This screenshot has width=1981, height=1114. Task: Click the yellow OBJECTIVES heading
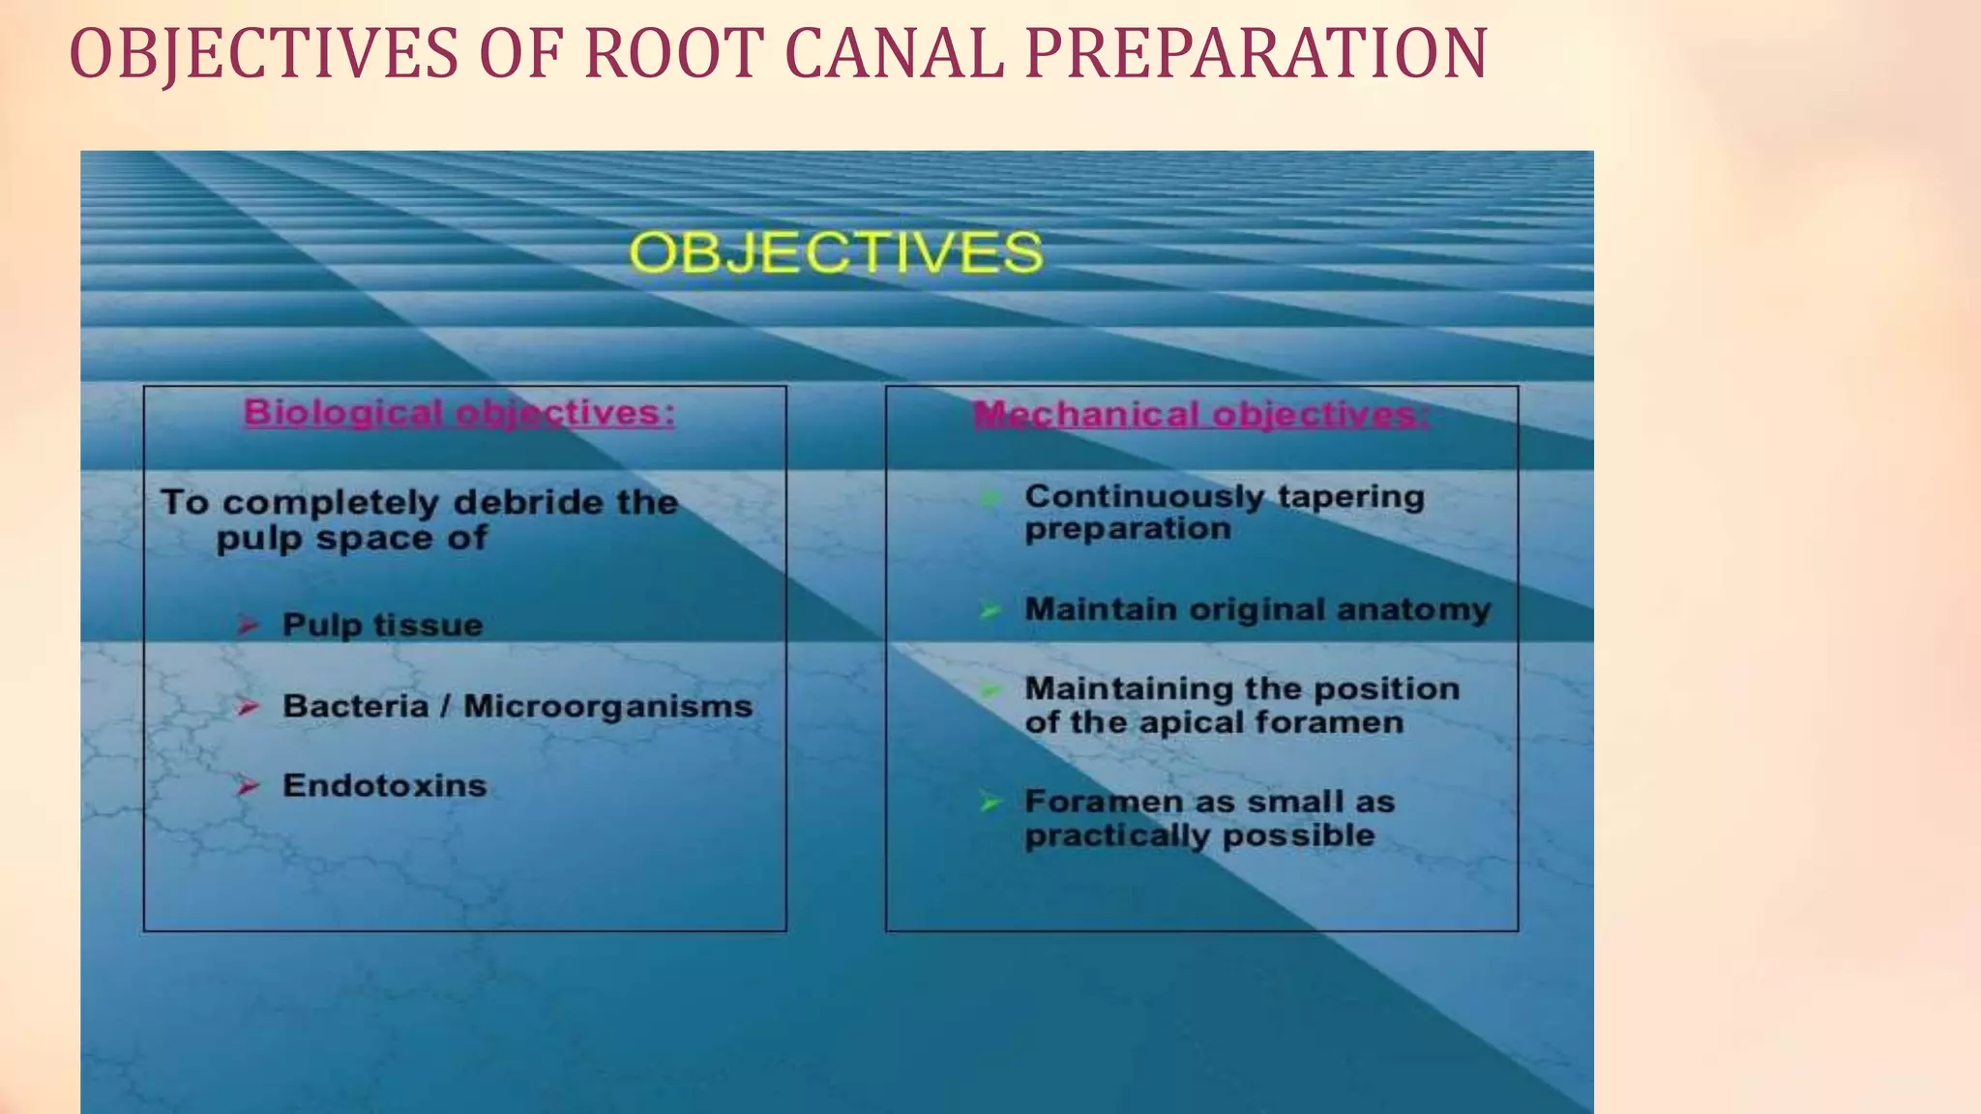click(x=836, y=253)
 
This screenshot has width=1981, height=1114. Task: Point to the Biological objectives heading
click(x=459, y=413)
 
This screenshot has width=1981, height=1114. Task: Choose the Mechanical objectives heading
click(x=1200, y=415)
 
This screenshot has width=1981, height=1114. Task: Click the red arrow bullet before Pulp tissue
click(x=249, y=626)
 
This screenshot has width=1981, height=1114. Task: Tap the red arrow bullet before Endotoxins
click(x=249, y=786)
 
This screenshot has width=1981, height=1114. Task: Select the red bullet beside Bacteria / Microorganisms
click(x=249, y=707)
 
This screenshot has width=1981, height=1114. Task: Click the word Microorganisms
click(x=607, y=707)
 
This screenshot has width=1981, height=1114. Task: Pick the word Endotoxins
click(x=384, y=785)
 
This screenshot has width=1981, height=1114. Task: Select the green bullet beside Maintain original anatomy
click(x=990, y=610)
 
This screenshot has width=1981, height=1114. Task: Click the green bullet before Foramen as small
click(x=990, y=802)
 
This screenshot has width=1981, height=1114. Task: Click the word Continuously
click(x=1144, y=497)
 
